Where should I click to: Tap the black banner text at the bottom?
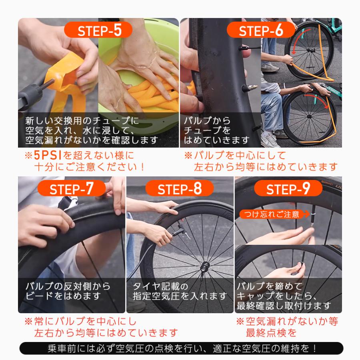181,348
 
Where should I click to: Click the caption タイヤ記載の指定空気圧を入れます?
180,291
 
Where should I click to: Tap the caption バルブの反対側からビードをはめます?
68,291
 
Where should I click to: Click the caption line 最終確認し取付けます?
284,306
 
